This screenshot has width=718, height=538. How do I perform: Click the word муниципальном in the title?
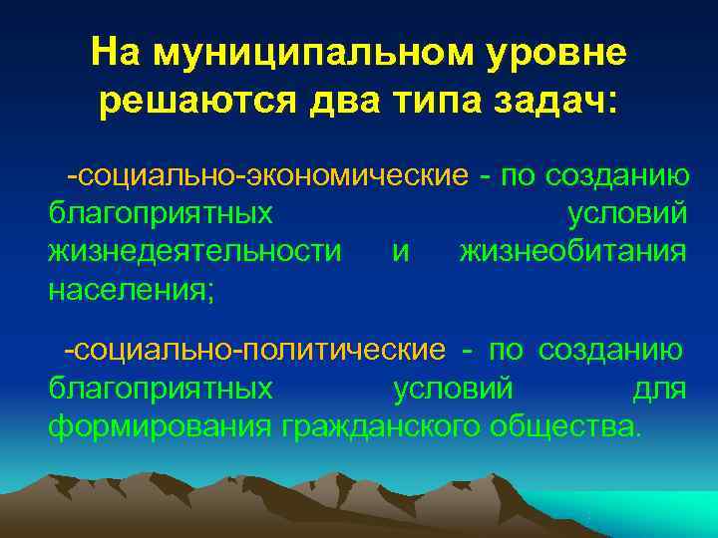click(290, 54)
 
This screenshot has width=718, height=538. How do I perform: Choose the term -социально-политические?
click(254, 350)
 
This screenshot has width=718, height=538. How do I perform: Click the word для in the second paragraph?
click(659, 388)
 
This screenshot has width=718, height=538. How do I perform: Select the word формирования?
click(160, 425)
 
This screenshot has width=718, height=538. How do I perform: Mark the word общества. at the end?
click(564, 425)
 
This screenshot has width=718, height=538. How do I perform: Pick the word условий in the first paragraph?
click(626, 214)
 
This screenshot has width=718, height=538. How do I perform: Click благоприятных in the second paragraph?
click(161, 388)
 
